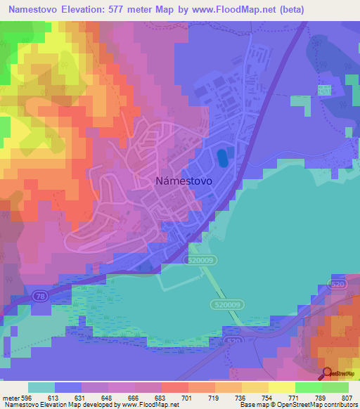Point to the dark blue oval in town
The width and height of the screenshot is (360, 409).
(x=223, y=157)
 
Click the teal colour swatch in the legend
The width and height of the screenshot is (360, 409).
(x=41, y=387)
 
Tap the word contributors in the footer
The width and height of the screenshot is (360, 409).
(x=339, y=405)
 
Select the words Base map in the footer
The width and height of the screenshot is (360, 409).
(x=252, y=405)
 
